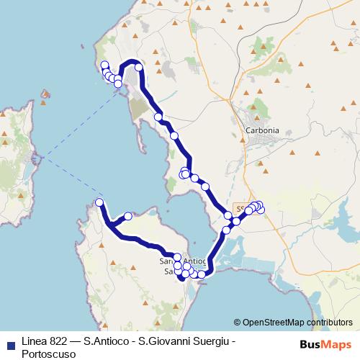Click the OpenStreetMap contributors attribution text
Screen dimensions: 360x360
[292, 322]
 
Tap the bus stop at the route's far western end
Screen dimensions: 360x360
[99, 202]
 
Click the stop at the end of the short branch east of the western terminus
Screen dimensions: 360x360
[127, 216]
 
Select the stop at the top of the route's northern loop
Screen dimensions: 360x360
[138, 68]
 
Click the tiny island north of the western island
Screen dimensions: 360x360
[46, 94]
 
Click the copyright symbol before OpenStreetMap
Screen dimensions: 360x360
[237, 322]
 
